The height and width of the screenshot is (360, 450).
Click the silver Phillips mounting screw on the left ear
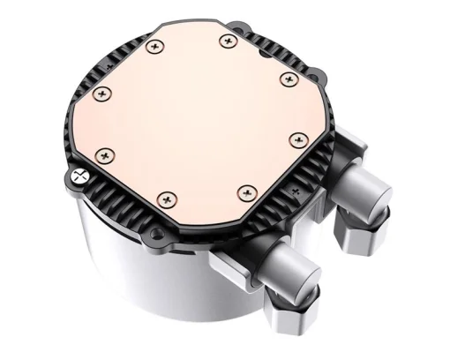tap(79, 175)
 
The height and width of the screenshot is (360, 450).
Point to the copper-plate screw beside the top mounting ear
tap(229, 40)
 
